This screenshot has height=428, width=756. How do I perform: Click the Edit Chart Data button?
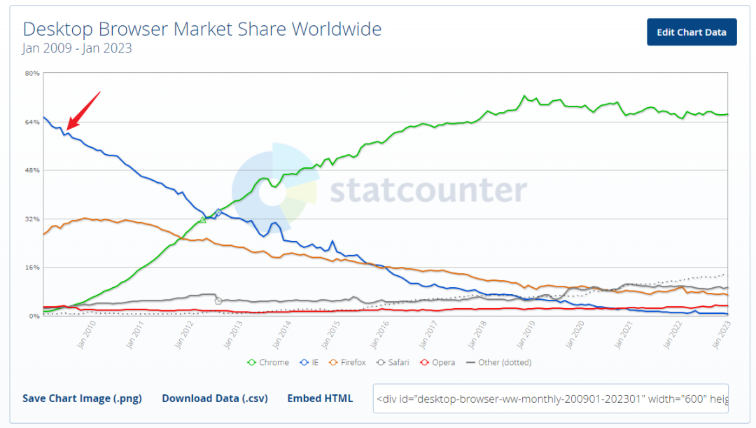coord(692,32)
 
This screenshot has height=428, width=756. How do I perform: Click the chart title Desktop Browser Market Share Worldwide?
coord(202,29)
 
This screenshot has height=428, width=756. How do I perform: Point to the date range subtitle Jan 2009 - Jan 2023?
coord(77,48)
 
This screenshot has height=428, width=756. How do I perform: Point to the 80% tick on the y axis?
coord(32,73)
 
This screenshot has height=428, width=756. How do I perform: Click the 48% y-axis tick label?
coord(32,170)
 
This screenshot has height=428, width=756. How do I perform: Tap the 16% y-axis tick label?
coord(32,267)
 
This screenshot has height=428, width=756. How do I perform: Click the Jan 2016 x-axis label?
coord(379,335)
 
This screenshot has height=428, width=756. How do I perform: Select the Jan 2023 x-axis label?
coord(720,335)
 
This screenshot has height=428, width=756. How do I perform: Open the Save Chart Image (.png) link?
coord(82,398)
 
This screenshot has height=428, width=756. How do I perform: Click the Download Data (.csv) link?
coord(215,398)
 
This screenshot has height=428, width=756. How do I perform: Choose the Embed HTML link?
coord(320,398)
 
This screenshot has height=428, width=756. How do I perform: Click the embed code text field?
coord(550,398)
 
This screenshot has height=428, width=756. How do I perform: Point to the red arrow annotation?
coord(83,111)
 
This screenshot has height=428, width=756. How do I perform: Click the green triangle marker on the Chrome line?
coord(203,220)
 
